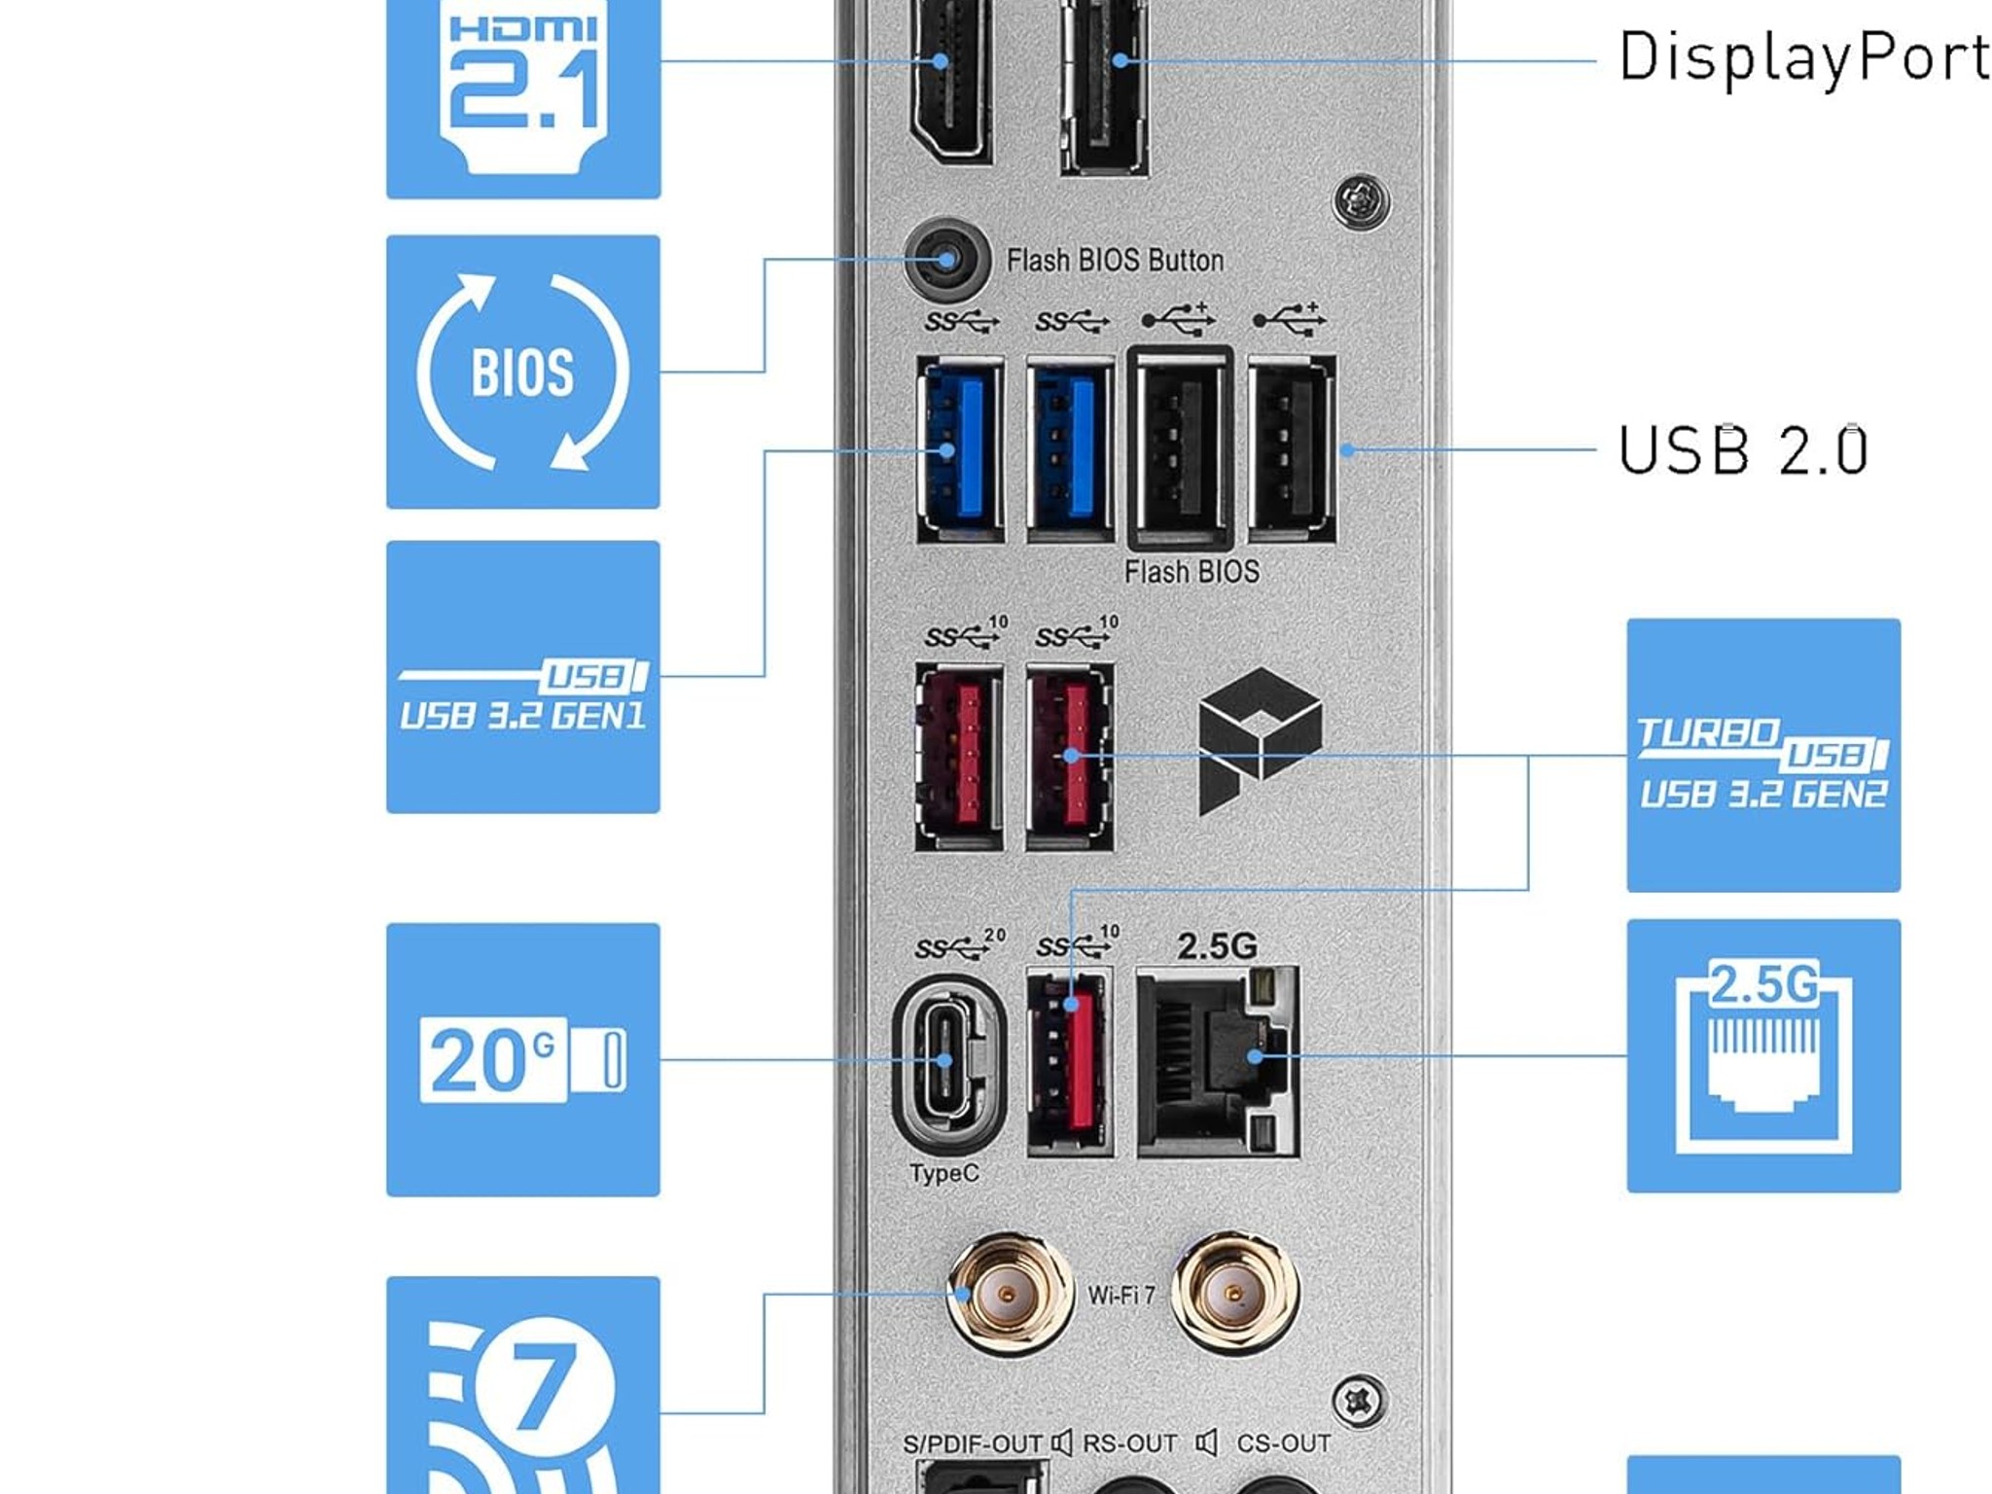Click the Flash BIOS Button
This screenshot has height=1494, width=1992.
click(x=945, y=260)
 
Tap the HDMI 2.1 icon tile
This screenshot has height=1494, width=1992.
click(x=523, y=97)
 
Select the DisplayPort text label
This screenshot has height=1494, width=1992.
click(x=1803, y=58)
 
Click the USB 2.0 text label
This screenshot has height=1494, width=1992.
click(x=1742, y=450)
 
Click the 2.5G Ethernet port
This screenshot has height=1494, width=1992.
click(x=1218, y=1061)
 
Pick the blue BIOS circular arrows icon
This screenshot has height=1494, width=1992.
click(x=523, y=372)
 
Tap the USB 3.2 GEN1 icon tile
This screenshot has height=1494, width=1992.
click(x=523, y=677)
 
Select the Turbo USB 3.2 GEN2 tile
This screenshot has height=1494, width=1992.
click(x=1763, y=755)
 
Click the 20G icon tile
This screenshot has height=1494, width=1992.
click(x=523, y=1059)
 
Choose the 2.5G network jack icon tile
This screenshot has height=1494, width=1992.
click(x=1763, y=1055)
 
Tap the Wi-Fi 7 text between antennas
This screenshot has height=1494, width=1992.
click(x=1121, y=1296)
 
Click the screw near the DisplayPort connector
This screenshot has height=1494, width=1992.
click(x=1361, y=201)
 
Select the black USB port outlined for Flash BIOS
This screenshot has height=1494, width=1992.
click(x=1181, y=448)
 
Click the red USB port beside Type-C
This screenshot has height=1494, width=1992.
click(x=1070, y=1061)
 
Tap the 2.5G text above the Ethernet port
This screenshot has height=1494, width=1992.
click(x=1217, y=945)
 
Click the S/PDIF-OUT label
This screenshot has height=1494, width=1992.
click(x=973, y=1443)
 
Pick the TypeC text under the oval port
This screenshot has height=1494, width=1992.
click(x=944, y=1174)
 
